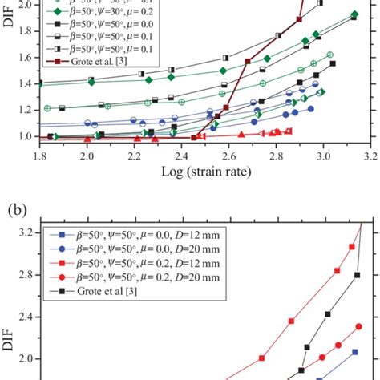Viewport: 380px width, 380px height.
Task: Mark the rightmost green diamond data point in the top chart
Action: pos(355,14)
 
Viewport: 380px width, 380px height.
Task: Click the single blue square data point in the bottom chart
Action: pos(354,352)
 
